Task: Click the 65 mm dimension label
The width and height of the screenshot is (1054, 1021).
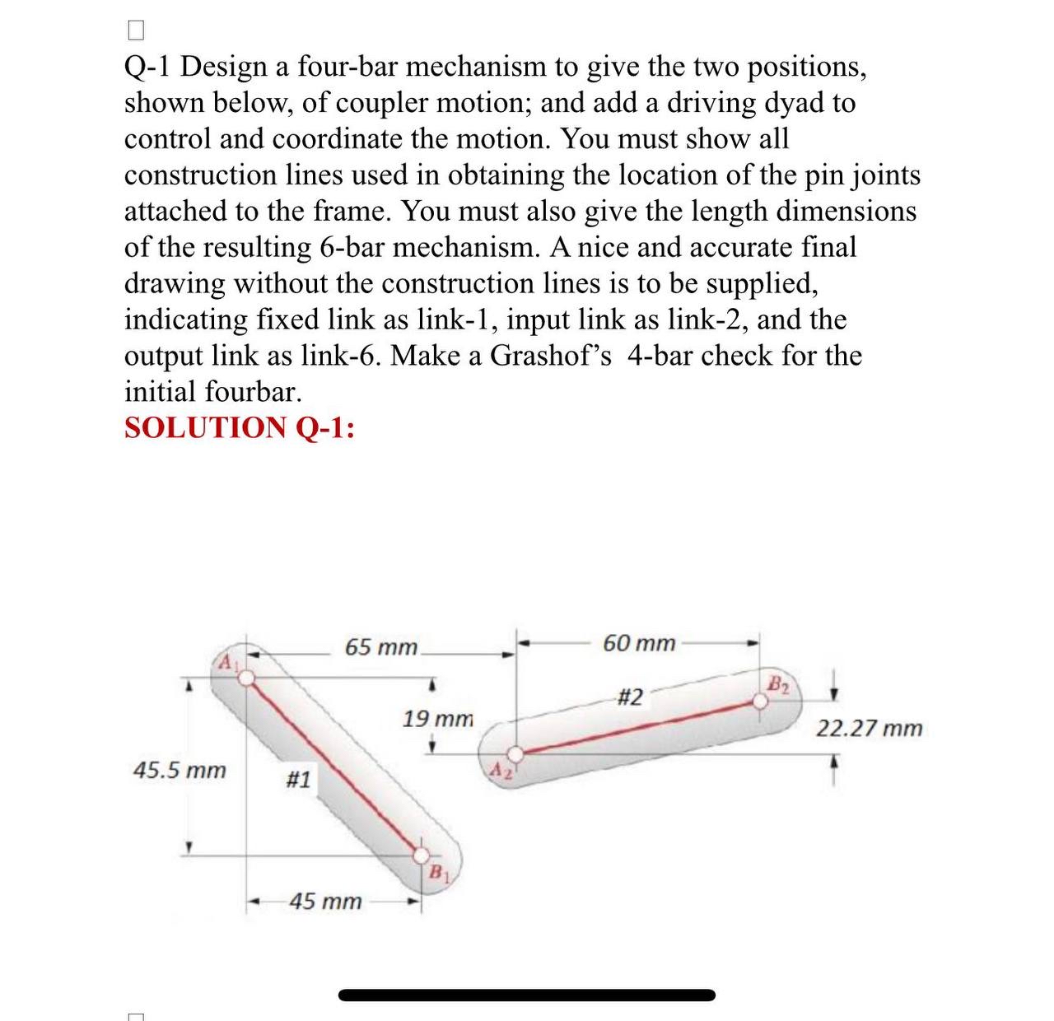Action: click(x=381, y=647)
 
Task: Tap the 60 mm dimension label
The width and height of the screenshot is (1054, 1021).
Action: click(x=639, y=643)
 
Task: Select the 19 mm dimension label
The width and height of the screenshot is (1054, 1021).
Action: click(x=438, y=719)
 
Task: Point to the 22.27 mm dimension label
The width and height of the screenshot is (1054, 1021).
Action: click(x=870, y=729)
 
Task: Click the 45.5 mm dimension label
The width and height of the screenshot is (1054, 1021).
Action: click(x=180, y=771)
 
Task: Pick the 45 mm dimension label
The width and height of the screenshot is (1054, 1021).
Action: click(x=325, y=902)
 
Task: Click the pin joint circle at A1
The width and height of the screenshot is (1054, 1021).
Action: click(x=245, y=677)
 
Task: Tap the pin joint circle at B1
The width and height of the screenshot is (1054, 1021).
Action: click(x=421, y=854)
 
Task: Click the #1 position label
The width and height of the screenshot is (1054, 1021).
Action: click(x=298, y=779)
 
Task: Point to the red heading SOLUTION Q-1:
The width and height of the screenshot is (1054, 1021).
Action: click(x=240, y=428)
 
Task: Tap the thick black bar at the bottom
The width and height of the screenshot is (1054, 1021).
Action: click(x=527, y=995)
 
